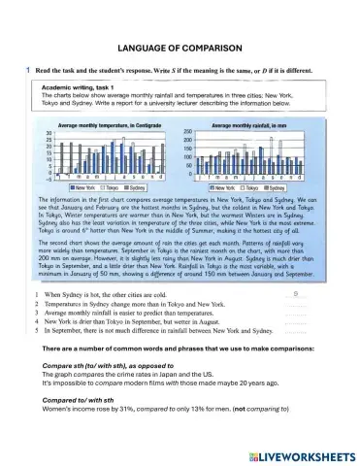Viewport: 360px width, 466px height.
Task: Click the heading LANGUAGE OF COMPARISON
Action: click(180, 46)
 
